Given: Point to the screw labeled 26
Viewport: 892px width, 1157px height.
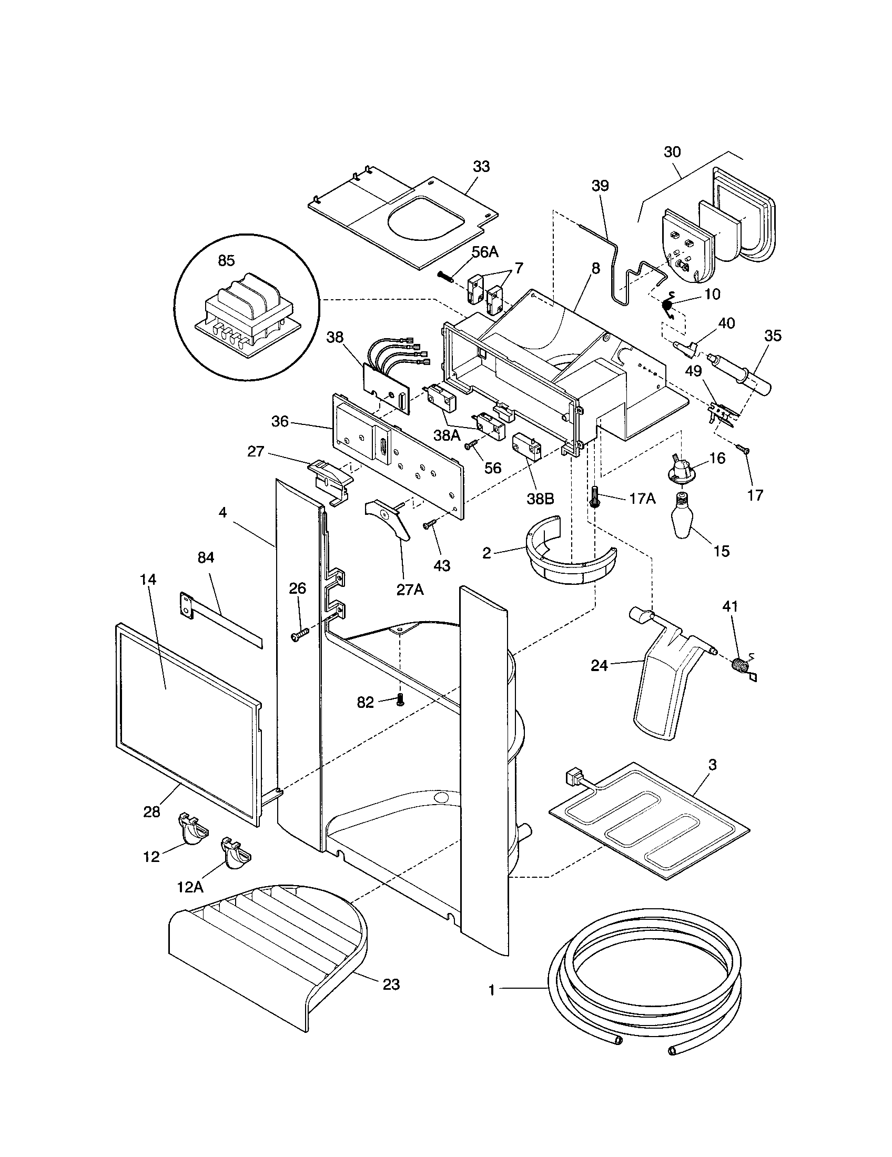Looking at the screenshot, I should (298, 636).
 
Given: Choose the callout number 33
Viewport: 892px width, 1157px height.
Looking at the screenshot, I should (481, 166).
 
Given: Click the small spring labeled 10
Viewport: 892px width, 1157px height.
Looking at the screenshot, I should (668, 306).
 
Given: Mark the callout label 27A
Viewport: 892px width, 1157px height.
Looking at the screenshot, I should (410, 589).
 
